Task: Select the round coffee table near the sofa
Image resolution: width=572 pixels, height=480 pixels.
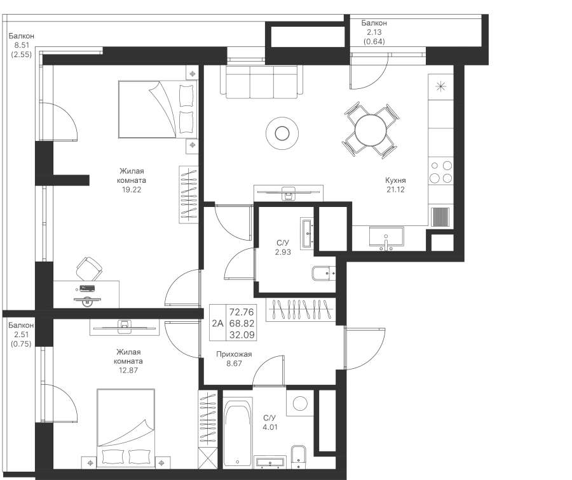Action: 280,133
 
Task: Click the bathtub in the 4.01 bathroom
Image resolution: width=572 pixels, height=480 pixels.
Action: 238,432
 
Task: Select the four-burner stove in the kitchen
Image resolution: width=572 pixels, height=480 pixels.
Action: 440,171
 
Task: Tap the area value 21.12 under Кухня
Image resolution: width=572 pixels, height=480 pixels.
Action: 396,189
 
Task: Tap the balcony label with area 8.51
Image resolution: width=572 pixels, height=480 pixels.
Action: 22,46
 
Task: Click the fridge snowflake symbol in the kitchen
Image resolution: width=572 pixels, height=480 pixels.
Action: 440,86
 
